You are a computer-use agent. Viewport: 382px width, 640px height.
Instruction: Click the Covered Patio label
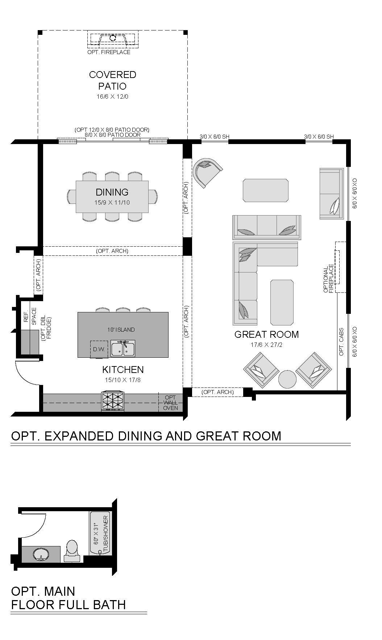coord(113,80)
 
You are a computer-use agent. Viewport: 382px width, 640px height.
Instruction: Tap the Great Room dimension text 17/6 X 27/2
coord(266,345)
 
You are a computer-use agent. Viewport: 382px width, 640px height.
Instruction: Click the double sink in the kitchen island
coord(123,348)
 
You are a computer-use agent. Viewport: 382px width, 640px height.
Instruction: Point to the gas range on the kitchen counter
coord(113,401)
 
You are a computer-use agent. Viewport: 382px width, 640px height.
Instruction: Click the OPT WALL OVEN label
coord(170,403)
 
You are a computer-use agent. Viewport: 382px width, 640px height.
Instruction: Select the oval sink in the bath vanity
coord(41,554)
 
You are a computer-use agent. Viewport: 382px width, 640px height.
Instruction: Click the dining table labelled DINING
coord(112,197)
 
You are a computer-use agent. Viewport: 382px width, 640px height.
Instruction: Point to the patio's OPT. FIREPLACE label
coord(109,52)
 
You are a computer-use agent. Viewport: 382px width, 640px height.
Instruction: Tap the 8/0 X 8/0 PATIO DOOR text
coord(112,135)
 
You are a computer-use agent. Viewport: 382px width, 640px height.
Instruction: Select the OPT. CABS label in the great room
coord(341,342)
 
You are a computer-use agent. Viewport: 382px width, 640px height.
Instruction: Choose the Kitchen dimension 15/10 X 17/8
coord(123,380)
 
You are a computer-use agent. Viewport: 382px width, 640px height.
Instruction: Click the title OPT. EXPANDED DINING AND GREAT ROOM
coord(146,436)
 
